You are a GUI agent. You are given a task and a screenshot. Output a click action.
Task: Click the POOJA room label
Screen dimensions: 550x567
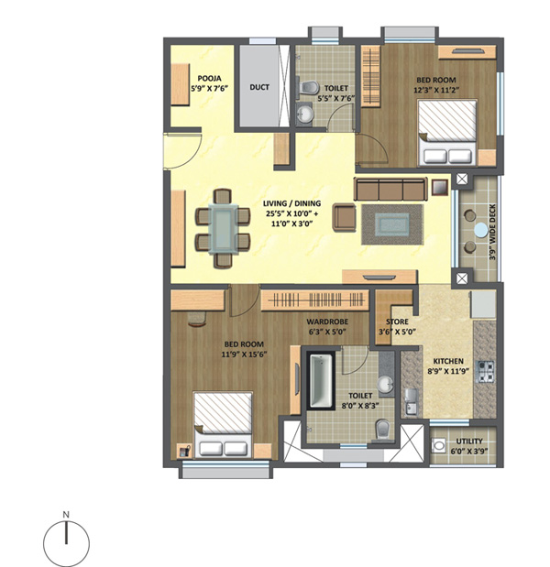coord(210,79)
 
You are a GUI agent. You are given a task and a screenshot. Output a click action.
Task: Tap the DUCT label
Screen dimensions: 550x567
coord(259,87)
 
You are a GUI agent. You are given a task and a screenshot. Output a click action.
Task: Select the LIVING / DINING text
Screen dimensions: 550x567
coord(291,203)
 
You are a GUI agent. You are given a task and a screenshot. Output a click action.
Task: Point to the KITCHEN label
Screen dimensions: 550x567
coord(448,361)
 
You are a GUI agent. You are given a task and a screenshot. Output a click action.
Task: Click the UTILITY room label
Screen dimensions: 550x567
coord(469,442)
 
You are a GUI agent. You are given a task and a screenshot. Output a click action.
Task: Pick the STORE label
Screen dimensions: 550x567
coord(397,322)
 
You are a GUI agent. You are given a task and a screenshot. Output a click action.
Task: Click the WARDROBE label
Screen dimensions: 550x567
coord(327,322)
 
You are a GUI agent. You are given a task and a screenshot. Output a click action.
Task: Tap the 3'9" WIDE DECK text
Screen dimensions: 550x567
coord(492,232)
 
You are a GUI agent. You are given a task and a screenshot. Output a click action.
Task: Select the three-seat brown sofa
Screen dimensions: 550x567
coord(390,189)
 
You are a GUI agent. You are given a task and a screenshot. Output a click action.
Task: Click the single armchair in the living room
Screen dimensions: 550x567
coord(344,217)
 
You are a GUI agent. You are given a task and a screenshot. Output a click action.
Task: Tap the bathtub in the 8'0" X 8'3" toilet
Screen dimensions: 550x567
coord(321,381)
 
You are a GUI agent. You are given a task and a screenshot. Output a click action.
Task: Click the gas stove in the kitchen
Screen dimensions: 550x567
coord(485,372)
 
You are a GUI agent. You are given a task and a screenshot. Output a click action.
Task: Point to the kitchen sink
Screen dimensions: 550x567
coord(411,401)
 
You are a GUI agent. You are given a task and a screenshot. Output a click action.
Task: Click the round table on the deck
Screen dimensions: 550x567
coord(481,230)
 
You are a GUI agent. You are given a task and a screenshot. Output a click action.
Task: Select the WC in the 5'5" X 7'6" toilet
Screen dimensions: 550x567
coord(308,88)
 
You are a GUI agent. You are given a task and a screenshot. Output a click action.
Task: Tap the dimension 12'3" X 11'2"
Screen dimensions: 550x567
coord(436,90)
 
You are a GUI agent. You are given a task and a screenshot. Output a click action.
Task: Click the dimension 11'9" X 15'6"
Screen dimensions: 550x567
coord(244,354)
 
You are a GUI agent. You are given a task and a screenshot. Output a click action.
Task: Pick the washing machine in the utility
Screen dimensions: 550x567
coord(439,445)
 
